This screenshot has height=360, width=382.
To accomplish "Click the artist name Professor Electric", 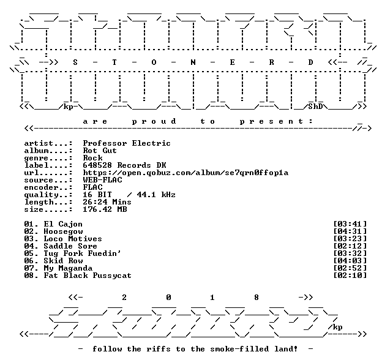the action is tap(127, 143).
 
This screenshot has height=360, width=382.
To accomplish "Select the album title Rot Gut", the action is tap(100, 151).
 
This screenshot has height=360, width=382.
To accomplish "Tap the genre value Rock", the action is tap(92, 158).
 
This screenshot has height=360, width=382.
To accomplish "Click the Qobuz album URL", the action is tap(185, 173).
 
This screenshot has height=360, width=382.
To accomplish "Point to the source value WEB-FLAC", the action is tap(102, 180).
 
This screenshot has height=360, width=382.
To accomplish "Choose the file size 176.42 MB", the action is tap(105, 209).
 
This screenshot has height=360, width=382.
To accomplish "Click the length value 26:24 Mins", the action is tap(107, 202).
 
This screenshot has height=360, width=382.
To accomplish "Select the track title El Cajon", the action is tap(63, 224).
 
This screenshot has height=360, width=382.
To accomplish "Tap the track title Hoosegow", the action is tap(63, 231).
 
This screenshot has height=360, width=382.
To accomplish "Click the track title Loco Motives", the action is tap(73, 239).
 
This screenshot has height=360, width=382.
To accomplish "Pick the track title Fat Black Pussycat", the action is tap(88, 276).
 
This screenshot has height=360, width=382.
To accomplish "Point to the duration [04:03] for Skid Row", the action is tap(350, 261).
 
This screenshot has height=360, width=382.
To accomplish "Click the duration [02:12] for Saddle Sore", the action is tap(350, 246).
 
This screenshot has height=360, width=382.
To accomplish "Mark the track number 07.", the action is tap(29, 268).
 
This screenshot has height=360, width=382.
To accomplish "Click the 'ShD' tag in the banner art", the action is tap(315, 107).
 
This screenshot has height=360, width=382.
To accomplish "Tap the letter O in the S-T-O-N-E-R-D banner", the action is tap(154, 62).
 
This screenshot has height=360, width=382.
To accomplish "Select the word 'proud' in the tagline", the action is tap(154, 122).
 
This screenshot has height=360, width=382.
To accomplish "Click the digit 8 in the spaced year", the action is tap(257, 298).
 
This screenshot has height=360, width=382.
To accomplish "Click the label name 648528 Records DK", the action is tap(124, 165).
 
